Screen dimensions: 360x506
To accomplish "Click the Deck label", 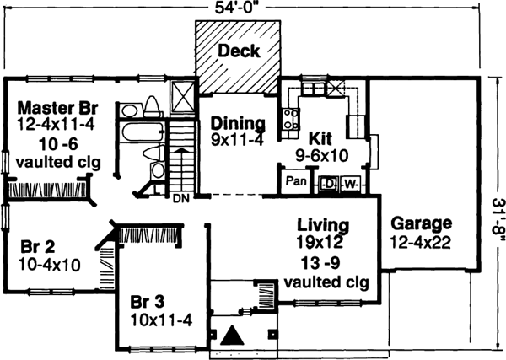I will (238, 51).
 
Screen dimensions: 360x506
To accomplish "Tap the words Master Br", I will (55, 108).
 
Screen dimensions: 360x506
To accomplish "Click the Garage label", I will (421, 224).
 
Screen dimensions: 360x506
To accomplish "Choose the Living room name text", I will (324, 225).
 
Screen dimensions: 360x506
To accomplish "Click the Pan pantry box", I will (295, 180).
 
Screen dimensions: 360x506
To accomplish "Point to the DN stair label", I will (180, 200).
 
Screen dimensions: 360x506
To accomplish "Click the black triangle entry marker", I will (237, 336).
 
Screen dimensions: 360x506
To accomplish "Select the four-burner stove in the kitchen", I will (291, 119).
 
